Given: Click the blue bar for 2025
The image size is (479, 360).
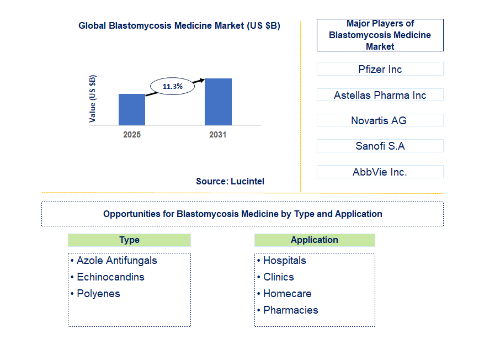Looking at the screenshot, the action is (132, 109).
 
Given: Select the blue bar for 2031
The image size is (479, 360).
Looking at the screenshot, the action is (218, 102).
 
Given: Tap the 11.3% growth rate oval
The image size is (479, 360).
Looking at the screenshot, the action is (173, 86).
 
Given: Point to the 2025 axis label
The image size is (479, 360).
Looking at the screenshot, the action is (132, 135).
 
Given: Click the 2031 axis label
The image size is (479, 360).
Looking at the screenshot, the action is (218, 135).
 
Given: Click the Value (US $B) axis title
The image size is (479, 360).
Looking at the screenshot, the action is (92, 99).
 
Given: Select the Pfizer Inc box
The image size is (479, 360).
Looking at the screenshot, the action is (380, 69).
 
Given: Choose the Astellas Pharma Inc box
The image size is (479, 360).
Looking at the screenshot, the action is (380, 95).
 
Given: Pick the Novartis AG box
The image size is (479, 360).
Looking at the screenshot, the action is (380, 120).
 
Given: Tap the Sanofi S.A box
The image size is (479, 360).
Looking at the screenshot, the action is (380, 146).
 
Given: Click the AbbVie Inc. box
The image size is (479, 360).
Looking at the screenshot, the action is (380, 172).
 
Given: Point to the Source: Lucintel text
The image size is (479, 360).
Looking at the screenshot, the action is (230, 181).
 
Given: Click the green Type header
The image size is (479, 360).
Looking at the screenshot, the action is (129, 240).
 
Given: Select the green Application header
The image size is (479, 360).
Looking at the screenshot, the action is (315, 240).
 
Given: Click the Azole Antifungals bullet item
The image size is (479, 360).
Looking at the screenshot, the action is (114, 261).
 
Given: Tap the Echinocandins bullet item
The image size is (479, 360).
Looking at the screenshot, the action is (108, 277).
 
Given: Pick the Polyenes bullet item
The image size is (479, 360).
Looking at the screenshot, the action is (95, 294).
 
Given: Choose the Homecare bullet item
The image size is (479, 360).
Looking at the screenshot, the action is (284, 294).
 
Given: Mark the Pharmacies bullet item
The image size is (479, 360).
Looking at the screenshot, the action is (288, 310).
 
